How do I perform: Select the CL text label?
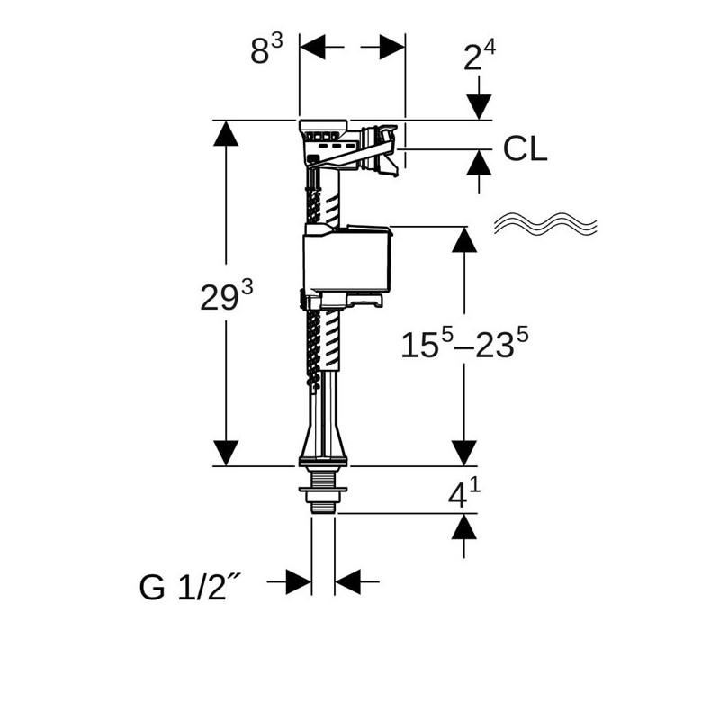pyautogui.click(x=525, y=148)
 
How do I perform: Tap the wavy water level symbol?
pyautogui.click(x=546, y=225)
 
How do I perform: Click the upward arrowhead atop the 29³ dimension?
pyautogui.click(x=225, y=132)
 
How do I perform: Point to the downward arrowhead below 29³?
pyautogui.click(x=225, y=454)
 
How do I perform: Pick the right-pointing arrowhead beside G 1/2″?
pyautogui.click(x=299, y=581)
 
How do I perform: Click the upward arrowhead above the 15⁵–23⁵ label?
pyautogui.click(x=463, y=239)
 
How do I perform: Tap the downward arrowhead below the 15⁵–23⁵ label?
pyautogui.click(x=463, y=454)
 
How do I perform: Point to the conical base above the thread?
pyautogui.click(x=323, y=441)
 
